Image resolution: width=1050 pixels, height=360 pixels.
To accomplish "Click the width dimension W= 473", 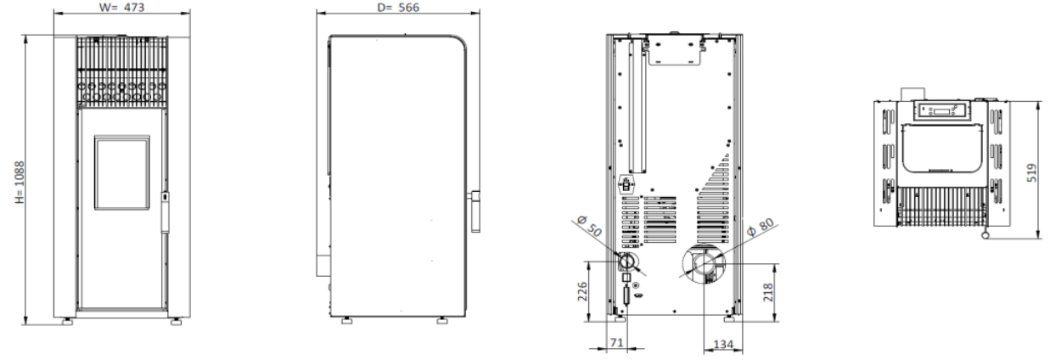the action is click(x=122, y=7).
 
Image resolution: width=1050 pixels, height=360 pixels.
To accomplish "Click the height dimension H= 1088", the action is click(x=20, y=183).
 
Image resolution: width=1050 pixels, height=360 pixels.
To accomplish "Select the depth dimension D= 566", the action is click(x=398, y=7).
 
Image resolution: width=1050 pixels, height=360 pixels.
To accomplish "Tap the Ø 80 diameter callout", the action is click(x=761, y=228).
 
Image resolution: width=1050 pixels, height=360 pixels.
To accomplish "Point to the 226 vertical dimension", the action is click(x=582, y=291).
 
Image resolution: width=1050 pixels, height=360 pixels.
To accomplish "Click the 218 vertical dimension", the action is click(x=768, y=292).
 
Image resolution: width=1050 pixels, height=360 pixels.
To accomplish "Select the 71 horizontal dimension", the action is click(x=617, y=343).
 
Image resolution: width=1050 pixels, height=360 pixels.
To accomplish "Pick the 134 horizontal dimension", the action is click(x=723, y=345).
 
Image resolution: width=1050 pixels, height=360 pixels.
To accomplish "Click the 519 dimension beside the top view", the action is click(x=1031, y=172).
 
